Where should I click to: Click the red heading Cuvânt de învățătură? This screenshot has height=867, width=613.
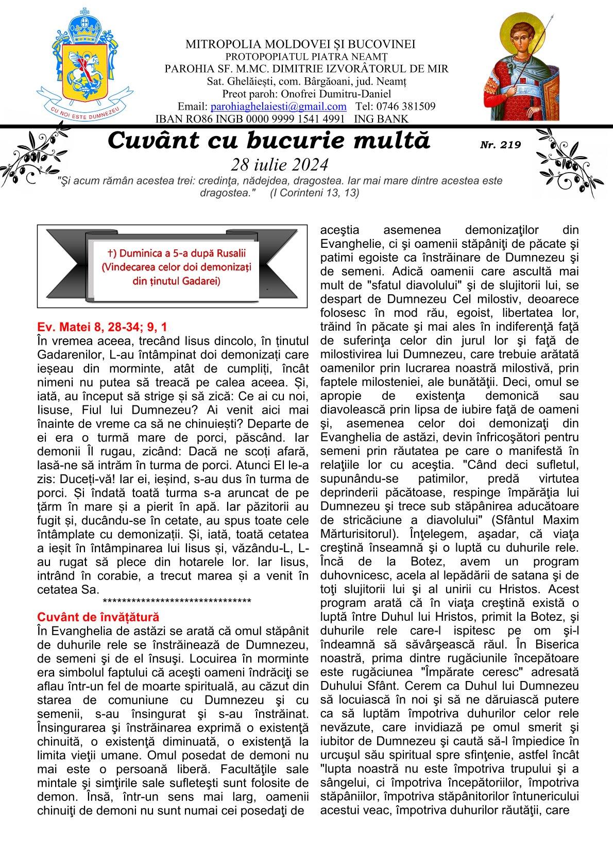(98, 617)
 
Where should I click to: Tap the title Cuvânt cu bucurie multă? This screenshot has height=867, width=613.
(269, 141)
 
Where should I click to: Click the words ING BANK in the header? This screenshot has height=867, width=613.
(384, 119)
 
